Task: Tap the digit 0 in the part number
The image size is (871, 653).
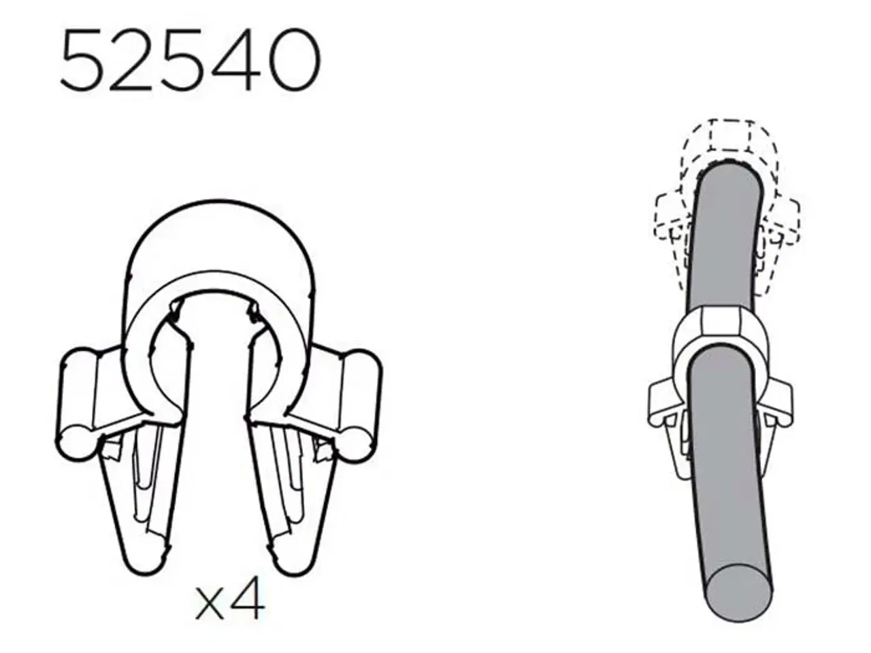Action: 291,61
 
